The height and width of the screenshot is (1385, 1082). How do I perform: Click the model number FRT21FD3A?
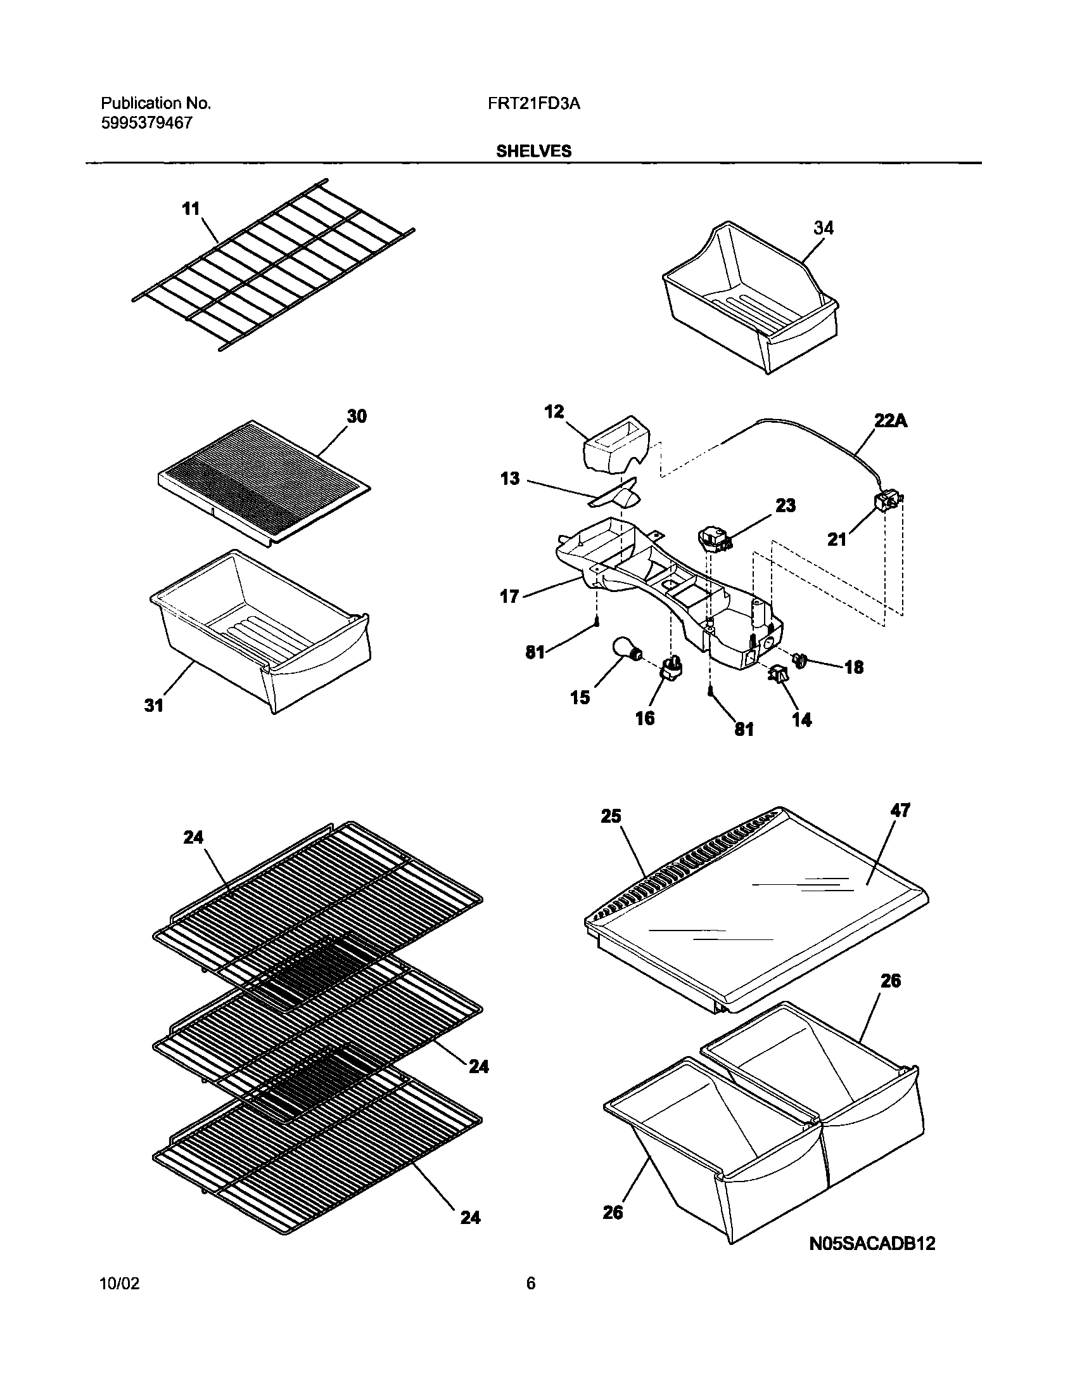pyautogui.click(x=533, y=103)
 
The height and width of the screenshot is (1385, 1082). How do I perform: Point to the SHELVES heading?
pyautogui.click(x=533, y=151)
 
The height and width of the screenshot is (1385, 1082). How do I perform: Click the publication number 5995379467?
pyautogui.click(x=146, y=123)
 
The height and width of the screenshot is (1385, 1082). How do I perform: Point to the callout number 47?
pyautogui.click(x=900, y=810)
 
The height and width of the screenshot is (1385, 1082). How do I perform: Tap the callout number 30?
pyautogui.click(x=356, y=416)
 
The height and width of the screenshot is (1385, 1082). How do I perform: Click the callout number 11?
pyautogui.click(x=191, y=209)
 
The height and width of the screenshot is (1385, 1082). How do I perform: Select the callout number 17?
pyautogui.click(x=509, y=596)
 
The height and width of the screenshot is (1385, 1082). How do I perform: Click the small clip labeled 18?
pyautogui.click(x=801, y=660)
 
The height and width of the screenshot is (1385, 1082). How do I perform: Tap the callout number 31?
pyautogui.click(x=154, y=705)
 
